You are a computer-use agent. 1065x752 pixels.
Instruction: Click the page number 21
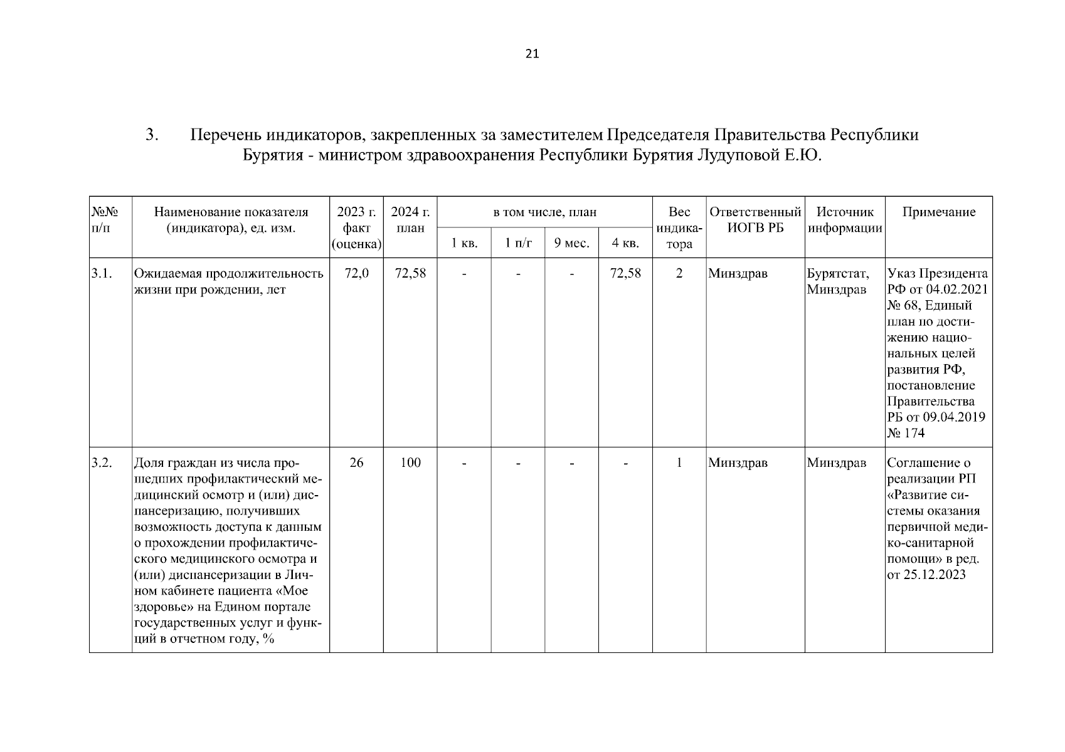(532, 54)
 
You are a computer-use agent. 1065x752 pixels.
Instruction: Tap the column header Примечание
(938, 212)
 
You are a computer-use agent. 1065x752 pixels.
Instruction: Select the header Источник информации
(844, 220)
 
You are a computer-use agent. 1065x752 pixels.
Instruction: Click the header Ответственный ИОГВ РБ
(755, 220)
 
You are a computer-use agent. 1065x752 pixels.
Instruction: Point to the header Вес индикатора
(679, 227)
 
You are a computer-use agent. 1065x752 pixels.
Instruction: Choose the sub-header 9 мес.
(571, 243)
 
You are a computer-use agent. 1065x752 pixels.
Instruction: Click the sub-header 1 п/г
(518, 243)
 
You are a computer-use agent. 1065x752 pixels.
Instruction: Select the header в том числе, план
(544, 212)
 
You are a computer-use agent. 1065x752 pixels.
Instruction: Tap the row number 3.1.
(101, 273)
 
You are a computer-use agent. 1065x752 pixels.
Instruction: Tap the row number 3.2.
(101, 463)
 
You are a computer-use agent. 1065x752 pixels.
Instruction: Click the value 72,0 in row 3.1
(356, 273)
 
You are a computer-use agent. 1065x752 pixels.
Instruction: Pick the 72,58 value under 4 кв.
(625, 273)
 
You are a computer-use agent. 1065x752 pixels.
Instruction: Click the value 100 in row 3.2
(410, 463)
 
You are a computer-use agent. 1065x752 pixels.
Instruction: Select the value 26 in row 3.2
(356, 463)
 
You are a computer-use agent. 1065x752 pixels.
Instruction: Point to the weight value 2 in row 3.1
(679, 273)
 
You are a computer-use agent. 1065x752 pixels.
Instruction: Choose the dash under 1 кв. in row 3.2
(464, 463)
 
